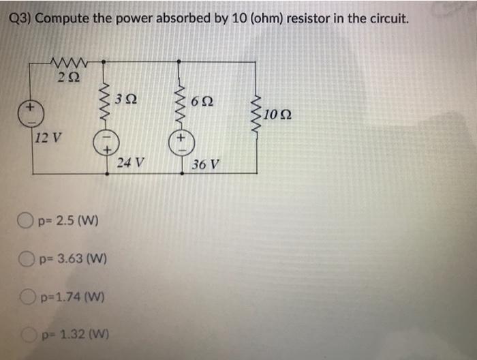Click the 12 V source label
click(x=48, y=135)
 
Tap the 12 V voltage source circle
click(x=29, y=113)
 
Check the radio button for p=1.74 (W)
click(x=26, y=297)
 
